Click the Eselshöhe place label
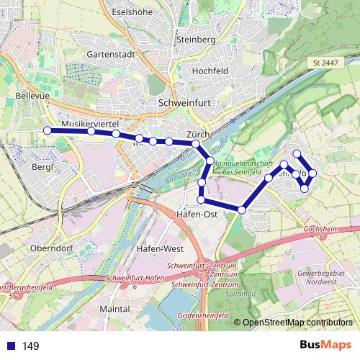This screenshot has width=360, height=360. tap(135, 13)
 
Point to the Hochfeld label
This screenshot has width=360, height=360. tap(210, 71)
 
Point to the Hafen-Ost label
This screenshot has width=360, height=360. tap(197, 215)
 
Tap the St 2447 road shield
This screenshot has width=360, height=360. tap(325, 64)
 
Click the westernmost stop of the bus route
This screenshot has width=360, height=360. tap(48, 130)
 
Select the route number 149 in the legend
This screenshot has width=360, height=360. tap(31, 346)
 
